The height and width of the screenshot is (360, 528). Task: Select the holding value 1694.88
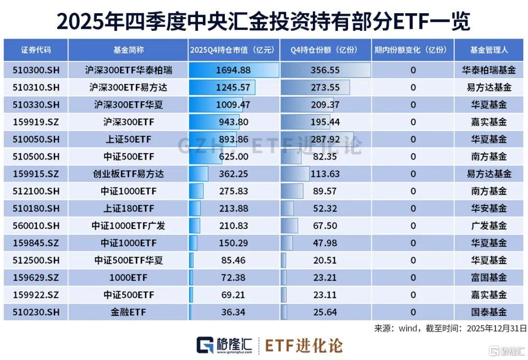click(233, 70)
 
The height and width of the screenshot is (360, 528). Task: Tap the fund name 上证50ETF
click(128, 139)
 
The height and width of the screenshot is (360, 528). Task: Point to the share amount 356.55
click(325, 70)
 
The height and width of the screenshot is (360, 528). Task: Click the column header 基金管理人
click(489, 50)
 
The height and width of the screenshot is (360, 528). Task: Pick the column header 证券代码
click(36, 50)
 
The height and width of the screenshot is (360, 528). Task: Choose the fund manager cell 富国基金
click(489, 278)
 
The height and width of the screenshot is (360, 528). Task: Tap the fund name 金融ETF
click(128, 312)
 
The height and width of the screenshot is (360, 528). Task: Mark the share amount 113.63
click(325, 174)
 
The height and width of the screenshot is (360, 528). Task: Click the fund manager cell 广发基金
click(489, 226)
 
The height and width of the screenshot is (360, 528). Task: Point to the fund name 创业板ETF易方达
click(128, 174)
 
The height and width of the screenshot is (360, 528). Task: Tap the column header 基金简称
click(128, 50)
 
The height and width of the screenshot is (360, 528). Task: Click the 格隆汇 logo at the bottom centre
click(224, 345)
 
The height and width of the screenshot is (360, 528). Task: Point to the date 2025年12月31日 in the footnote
click(497, 328)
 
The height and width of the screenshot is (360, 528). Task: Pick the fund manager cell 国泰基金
click(489, 312)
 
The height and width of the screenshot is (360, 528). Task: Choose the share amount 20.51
click(325, 260)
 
